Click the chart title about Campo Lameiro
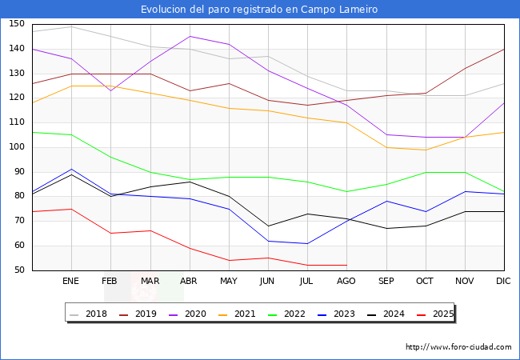click(x=259, y=10)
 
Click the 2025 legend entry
click(x=434, y=314)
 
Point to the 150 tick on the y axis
click(x=16, y=24)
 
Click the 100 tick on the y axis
click(x=16, y=147)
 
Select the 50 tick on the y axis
click(x=18, y=270)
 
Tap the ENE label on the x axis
click(x=71, y=282)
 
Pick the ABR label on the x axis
click(x=190, y=282)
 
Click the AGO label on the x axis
click(x=346, y=282)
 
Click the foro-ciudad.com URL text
click(x=458, y=347)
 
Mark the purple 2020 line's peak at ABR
click(x=190, y=36)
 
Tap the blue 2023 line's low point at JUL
click(x=307, y=243)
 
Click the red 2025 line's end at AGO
click(x=346, y=265)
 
